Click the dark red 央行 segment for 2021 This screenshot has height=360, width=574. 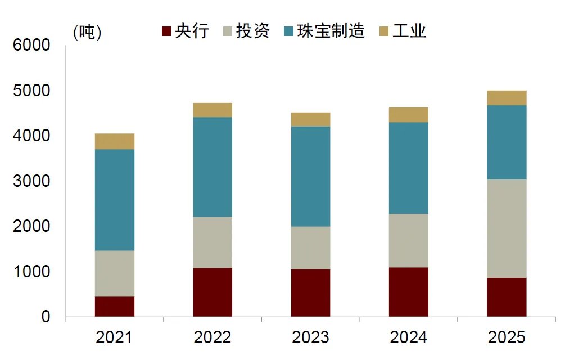pos(115,307)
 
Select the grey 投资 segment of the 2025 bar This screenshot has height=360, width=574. pos(507,228)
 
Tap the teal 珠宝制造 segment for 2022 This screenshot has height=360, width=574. pos(213,166)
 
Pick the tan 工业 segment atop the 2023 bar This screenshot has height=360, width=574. pos(310,119)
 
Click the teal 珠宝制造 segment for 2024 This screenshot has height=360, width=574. pos(409,168)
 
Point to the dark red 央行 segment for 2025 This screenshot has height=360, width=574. pos(507,297)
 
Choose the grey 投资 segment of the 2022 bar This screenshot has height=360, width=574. pos(213,242)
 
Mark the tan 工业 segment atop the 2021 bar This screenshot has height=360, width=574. pos(115,141)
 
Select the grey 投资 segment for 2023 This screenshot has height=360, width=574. pos(310,247)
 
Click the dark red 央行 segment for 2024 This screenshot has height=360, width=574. pos(409,292)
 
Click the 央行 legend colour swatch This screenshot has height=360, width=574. pos(166,31)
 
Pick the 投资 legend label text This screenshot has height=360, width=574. pos(252,30)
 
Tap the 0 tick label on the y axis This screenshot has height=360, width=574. pos(46,317)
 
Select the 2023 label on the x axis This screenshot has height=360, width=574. pos(310,337)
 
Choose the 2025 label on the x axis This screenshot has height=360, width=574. pos(507,337)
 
